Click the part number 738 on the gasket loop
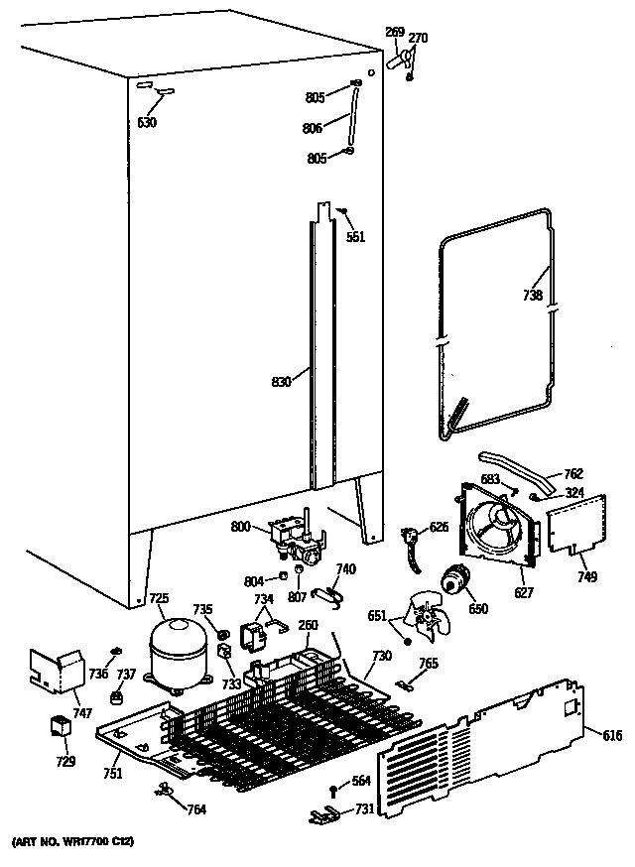pyautogui.click(x=533, y=295)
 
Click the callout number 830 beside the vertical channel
pyautogui.click(x=283, y=381)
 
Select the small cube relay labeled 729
pyautogui.click(x=61, y=730)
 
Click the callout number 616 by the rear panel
pyautogui.click(x=614, y=735)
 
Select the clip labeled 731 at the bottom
pyautogui.click(x=319, y=814)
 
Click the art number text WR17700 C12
pyautogui.click(x=71, y=841)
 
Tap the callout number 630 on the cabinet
pyautogui.click(x=147, y=124)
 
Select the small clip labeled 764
pyautogui.click(x=165, y=789)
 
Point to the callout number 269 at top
pyautogui.click(x=394, y=33)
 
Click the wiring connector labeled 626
pyautogui.click(x=408, y=543)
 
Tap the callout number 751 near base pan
pyautogui.click(x=112, y=773)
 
